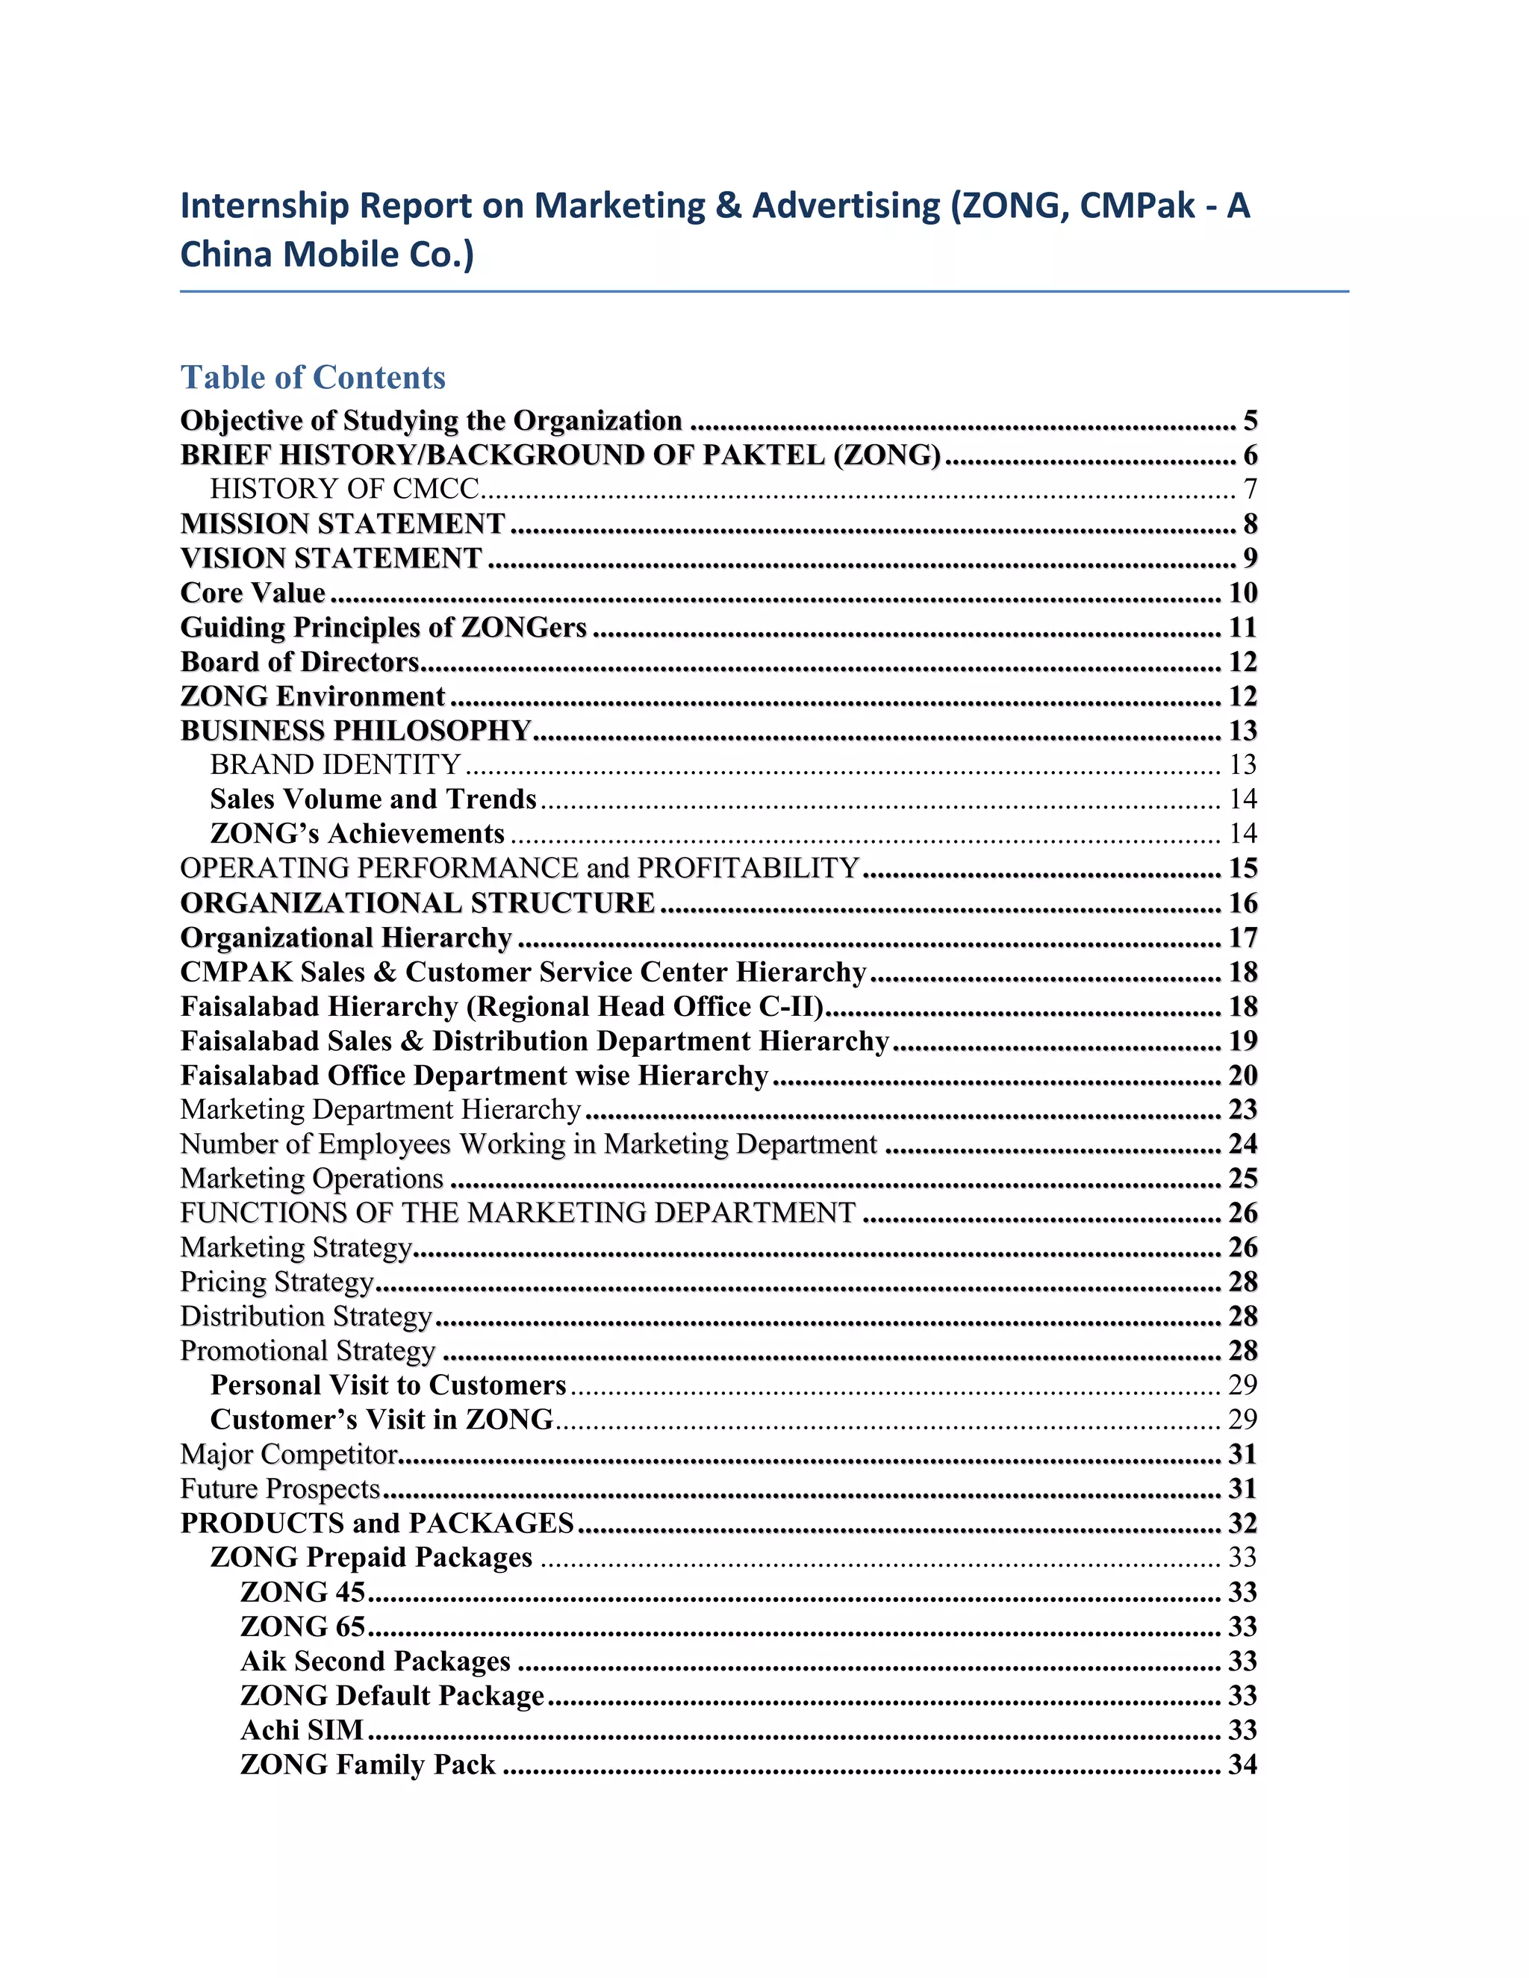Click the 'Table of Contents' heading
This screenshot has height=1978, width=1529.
(313, 377)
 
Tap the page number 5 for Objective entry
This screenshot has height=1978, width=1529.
(1250, 420)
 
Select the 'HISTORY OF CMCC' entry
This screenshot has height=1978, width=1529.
(344, 489)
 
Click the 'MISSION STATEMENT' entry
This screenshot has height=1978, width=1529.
(343, 523)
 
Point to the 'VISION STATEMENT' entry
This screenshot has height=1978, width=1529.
(331, 558)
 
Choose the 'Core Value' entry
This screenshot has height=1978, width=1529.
(253, 593)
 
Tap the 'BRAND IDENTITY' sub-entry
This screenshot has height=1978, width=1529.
(335, 765)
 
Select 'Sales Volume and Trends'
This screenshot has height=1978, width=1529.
(373, 799)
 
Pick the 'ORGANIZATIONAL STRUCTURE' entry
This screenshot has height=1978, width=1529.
(417, 903)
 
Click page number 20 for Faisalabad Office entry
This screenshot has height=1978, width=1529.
(1243, 1075)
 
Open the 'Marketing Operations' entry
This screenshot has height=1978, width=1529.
(311, 1179)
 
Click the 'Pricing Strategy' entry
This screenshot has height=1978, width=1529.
(276, 1282)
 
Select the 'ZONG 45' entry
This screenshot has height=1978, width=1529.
(302, 1591)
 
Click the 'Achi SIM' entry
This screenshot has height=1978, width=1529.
(302, 1730)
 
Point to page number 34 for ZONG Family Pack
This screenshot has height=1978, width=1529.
(1243, 1765)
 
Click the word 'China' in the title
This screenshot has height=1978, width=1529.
(225, 255)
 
